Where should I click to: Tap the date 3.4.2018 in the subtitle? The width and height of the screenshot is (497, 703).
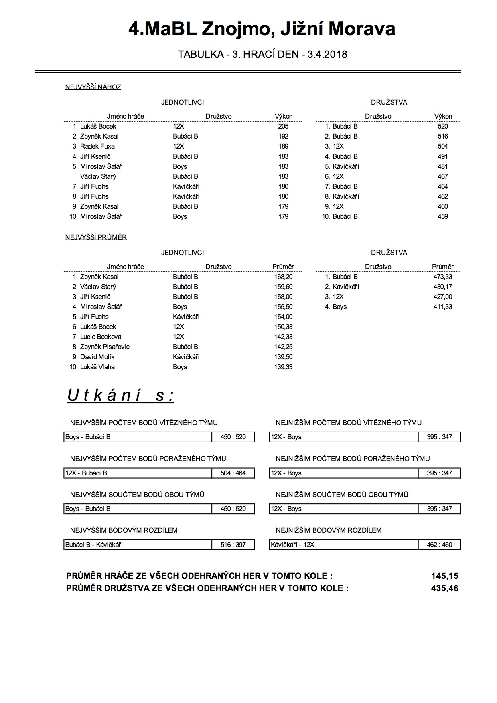[327, 54]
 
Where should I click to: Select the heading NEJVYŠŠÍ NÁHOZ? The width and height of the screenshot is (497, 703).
[93, 87]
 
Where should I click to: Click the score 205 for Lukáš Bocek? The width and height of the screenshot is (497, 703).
[283, 126]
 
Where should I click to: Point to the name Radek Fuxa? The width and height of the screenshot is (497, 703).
[97, 146]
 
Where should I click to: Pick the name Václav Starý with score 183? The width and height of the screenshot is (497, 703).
[98, 176]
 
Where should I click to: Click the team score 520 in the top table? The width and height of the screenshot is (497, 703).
[443, 126]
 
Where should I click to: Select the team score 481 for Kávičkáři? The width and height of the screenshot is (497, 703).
[443, 166]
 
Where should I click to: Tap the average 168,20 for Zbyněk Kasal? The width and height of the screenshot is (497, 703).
[283, 277]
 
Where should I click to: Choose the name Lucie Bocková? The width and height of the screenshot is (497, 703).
[101, 337]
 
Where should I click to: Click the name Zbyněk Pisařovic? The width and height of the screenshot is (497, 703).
[105, 347]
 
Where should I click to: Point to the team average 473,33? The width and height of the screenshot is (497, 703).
[443, 277]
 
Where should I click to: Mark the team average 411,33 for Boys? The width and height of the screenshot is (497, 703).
[443, 307]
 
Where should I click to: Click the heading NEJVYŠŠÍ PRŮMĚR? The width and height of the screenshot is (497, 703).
[96, 237]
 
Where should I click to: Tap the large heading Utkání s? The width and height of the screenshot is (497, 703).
[120, 396]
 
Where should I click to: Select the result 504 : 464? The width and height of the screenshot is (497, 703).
[233, 473]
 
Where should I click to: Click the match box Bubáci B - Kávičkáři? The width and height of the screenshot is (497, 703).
[138, 545]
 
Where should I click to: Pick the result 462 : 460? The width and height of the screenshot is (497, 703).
[440, 545]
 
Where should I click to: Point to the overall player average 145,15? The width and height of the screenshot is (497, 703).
[444, 576]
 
